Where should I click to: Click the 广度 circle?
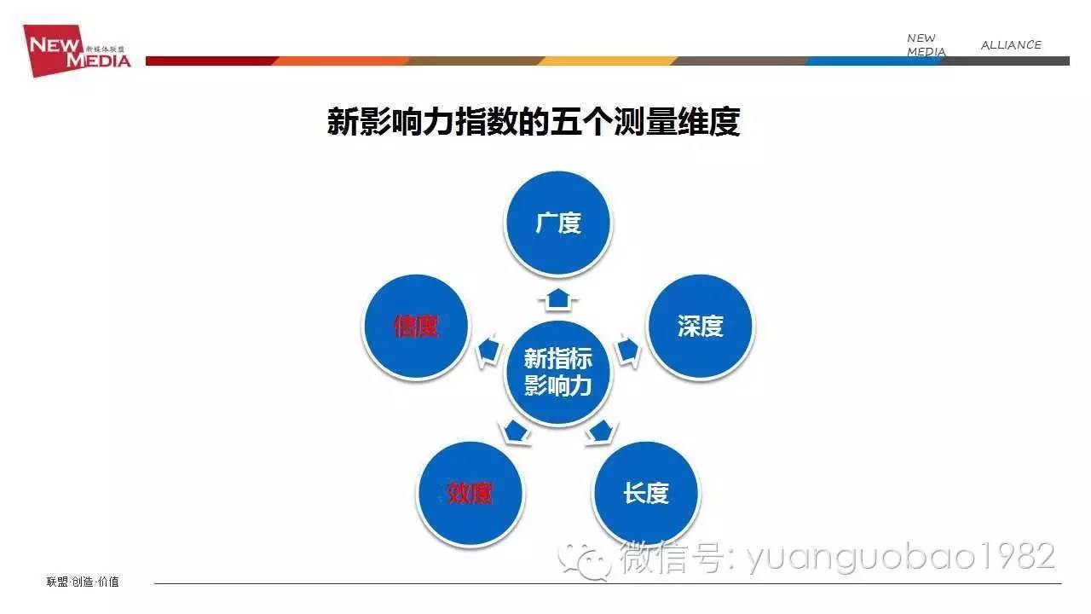click(x=558, y=223)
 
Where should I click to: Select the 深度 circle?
click(x=700, y=327)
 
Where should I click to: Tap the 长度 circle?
click(x=645, y=494)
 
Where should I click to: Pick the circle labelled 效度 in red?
click(x=470, y=494)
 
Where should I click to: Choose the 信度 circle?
click(x=416, y=327)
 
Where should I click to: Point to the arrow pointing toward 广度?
click(x=558, y=297)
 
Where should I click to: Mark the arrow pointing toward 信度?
click(x=488, y=350)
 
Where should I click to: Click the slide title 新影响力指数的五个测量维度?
click(x=534, y=122)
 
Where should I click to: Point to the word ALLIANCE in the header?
click(x=1011, y=45)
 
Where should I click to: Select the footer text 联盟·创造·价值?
click(x=83, y=582)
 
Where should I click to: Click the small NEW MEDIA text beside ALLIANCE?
click(x=926, y=45)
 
